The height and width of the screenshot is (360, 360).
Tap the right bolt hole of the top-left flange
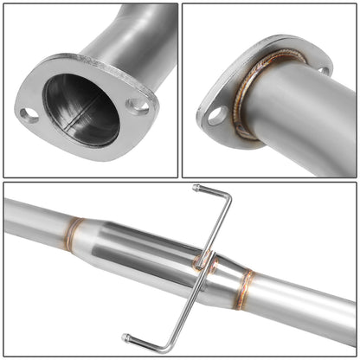click(137, 106)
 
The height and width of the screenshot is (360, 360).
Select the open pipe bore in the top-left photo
click(82, 110)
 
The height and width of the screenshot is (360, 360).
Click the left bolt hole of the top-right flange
click(214, 113)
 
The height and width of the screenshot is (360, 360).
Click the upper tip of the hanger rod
click(197, 188)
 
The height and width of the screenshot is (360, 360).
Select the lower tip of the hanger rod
click(126, 337)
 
